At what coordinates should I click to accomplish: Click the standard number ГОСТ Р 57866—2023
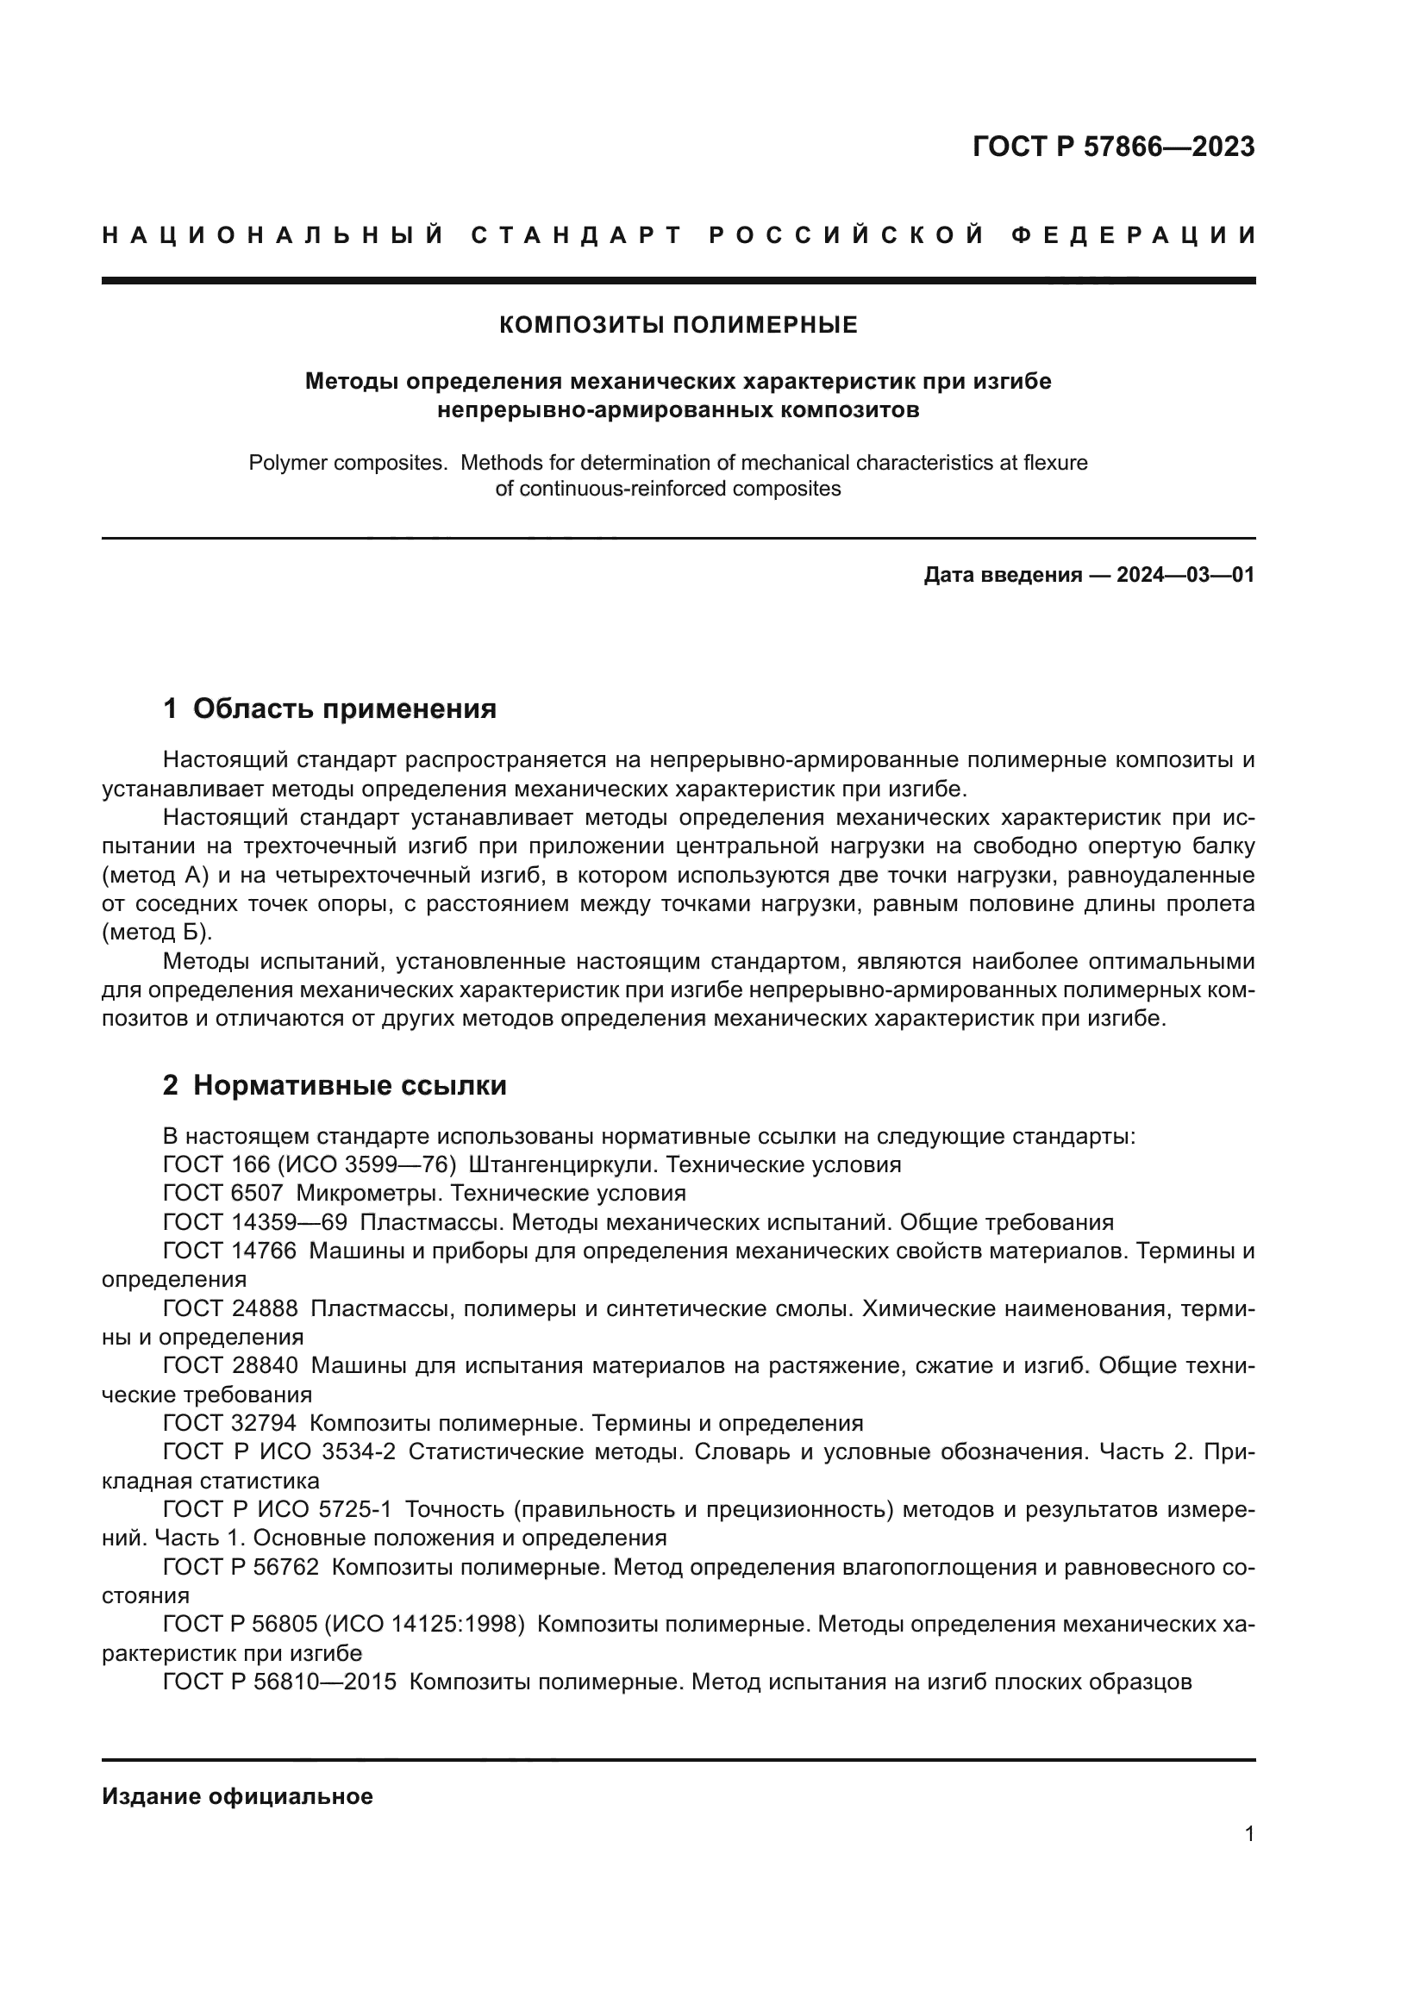tap(1112, 147)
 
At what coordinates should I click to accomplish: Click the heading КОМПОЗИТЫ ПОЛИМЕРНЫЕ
tap(678, 326)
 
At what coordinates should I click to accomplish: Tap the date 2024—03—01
tap(1185, 576)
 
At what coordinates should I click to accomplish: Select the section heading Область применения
tap(344, 708)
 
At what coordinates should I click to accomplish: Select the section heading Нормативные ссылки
tap(349, 1086)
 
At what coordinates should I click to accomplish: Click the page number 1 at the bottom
tap(1248, 1834)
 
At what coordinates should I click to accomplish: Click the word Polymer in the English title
tap(285, 463)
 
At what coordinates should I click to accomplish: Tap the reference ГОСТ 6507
tap(223, 1194)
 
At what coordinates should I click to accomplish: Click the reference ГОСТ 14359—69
tap(254, 1223)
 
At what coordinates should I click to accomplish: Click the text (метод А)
tap(156, 876)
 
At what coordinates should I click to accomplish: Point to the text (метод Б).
tap(156, 933)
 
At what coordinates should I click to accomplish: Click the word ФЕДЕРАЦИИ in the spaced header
tap(1134, 235)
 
